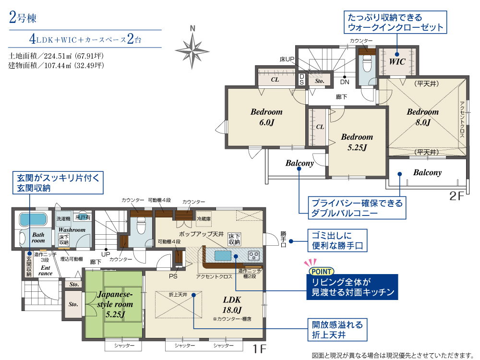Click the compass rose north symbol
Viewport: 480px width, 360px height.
pyautogui.click(x=192, y=48)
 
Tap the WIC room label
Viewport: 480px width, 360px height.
pyautogui.click(x=397, y=61)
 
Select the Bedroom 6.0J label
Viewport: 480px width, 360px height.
pyautogui.click(x=266, y=117)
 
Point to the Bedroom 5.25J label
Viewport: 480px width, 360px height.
pyautogui.click(x=357, y=142)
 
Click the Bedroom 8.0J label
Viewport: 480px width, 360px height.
pyautogui.click(x=422, y=117)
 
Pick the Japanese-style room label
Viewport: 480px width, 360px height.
pyautogui.click(x=115, y=304)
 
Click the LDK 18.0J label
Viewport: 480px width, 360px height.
pyautogui.click(x=232, y=305)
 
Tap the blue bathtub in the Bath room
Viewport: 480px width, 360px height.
pyautogui.click(x=33, y=219)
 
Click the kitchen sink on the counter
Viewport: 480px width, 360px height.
pyautogui.click(x=223, y=255)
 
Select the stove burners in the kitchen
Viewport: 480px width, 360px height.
pyautogui.click(x=254, y=255)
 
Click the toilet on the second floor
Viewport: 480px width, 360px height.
pyautogui.click(x=367, y=64)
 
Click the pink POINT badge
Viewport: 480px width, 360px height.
pyautogui.click(x=321, y=271)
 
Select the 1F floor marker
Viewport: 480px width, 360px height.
pyautogui.click(x=259, y=348)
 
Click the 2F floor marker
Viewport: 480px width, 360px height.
pyautogui.click(x=457, y=196)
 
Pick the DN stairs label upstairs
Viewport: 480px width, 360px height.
pyautogui.click(x=345, y=82)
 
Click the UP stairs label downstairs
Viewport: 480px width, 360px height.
pyautogui.click(x=106, y=254)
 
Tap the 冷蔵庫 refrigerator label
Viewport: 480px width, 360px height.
pyautogui.click(x=204, y=219)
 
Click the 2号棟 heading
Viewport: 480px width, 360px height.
pyautogui.click(x=23, y=17)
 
